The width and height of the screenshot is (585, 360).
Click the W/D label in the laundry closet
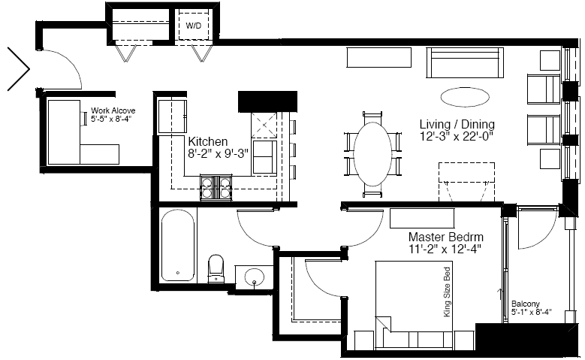pos(193,26)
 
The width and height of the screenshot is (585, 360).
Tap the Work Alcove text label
pos(113,110)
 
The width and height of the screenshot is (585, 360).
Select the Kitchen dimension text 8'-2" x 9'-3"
pos(219,153)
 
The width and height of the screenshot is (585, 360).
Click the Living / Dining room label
pos(457,124)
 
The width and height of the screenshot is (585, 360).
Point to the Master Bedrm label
pos(446,237)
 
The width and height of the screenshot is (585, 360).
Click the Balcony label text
pos(526,304)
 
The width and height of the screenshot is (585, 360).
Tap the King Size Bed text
pos(447,292)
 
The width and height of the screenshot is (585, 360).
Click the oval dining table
pos(372,154)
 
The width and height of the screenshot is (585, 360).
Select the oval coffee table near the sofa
pos(465,97)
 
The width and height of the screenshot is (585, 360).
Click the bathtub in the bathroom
pos(178,245)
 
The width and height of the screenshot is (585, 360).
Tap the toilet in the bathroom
pos(216,268)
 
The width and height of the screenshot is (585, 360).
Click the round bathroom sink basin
pos(255,277)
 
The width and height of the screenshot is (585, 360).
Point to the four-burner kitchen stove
pos(216,187)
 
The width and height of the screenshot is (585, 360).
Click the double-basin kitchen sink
pos(264,157)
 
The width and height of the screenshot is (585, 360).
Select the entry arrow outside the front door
pos(19,68)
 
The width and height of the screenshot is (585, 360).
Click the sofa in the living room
pos(465,62)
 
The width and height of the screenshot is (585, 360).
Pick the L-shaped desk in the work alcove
pos(83,132)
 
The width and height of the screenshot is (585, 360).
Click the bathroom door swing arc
pos(249,235)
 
